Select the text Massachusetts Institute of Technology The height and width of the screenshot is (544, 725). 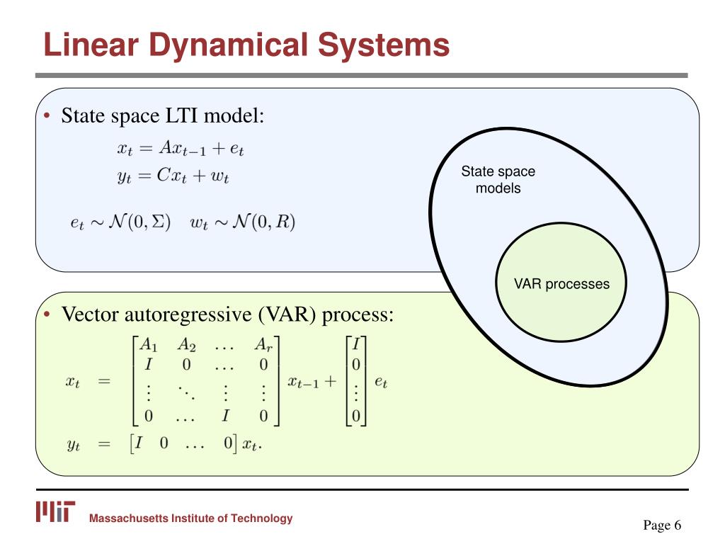(x=190, y=518)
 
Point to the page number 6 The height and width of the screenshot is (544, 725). (x=678, y=525)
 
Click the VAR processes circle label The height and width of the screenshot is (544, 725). (x=561, y=284)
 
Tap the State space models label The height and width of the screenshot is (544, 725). (x=498, y=180)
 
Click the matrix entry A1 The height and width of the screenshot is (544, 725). (x=148, y=345)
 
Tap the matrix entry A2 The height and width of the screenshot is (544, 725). (x=186, y=345)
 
